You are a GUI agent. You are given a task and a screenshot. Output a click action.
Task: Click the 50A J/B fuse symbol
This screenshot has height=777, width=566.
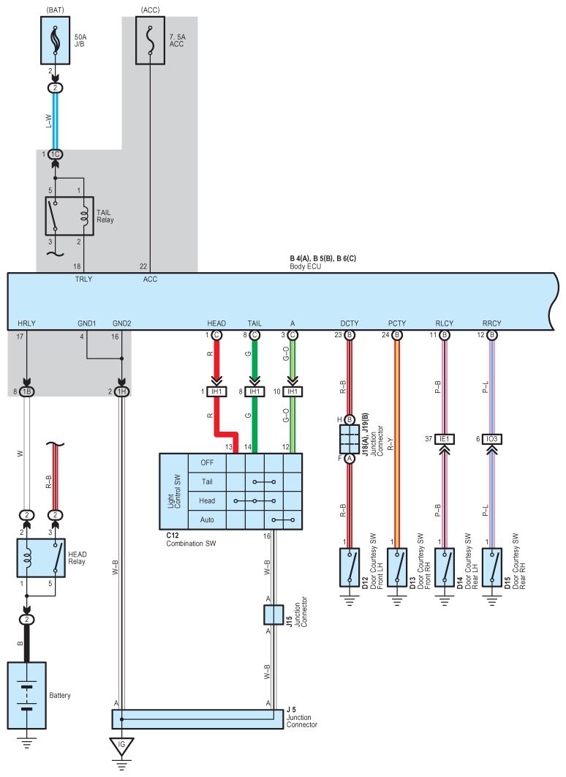[x=55, y=41]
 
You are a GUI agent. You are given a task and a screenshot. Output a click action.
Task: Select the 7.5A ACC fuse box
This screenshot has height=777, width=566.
[x=150, y=41]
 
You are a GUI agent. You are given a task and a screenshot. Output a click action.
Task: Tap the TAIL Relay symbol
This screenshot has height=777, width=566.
[x=69, y=216]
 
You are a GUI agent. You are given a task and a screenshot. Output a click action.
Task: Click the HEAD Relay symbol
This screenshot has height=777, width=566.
[x=41, y=558]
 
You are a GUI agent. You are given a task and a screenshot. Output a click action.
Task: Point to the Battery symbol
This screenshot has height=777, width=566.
[x=27, y=695]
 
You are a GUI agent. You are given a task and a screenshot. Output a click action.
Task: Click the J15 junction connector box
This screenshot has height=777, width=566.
[x=273, y=615]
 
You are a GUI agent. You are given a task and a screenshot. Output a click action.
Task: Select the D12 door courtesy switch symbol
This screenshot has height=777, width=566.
[x=350, y=568]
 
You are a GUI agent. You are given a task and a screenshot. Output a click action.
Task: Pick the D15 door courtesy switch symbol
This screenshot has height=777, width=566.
[x=491, y=568]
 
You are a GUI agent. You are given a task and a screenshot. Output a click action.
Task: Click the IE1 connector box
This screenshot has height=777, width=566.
[x=444, y=439]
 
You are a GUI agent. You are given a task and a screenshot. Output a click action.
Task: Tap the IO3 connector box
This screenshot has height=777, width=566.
[x=491, y=439]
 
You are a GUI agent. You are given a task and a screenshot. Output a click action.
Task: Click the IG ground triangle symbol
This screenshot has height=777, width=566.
[x=121, y=746]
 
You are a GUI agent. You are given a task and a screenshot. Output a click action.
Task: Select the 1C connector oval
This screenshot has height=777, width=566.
[x=55, y=154]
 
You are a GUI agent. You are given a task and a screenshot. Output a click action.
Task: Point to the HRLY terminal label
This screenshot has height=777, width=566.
[x=27, y=323]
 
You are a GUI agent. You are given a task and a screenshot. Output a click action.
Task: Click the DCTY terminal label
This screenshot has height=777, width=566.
[x=349, y=323]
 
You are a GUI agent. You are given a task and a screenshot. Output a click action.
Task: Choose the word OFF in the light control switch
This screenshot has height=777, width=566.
[x=207, y=463]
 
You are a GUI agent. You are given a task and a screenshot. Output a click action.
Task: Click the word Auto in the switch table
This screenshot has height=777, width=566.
[x=207, y=519]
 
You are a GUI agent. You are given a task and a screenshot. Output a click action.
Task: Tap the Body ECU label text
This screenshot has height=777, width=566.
[x=306, y=266]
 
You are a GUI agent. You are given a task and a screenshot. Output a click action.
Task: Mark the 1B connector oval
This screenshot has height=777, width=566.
[x=27, y=391]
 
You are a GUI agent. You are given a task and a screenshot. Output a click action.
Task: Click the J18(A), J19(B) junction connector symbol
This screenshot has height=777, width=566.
[x=349, y=439]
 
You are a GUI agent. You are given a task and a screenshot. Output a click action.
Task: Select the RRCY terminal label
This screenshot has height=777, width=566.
[x=491, y=323]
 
